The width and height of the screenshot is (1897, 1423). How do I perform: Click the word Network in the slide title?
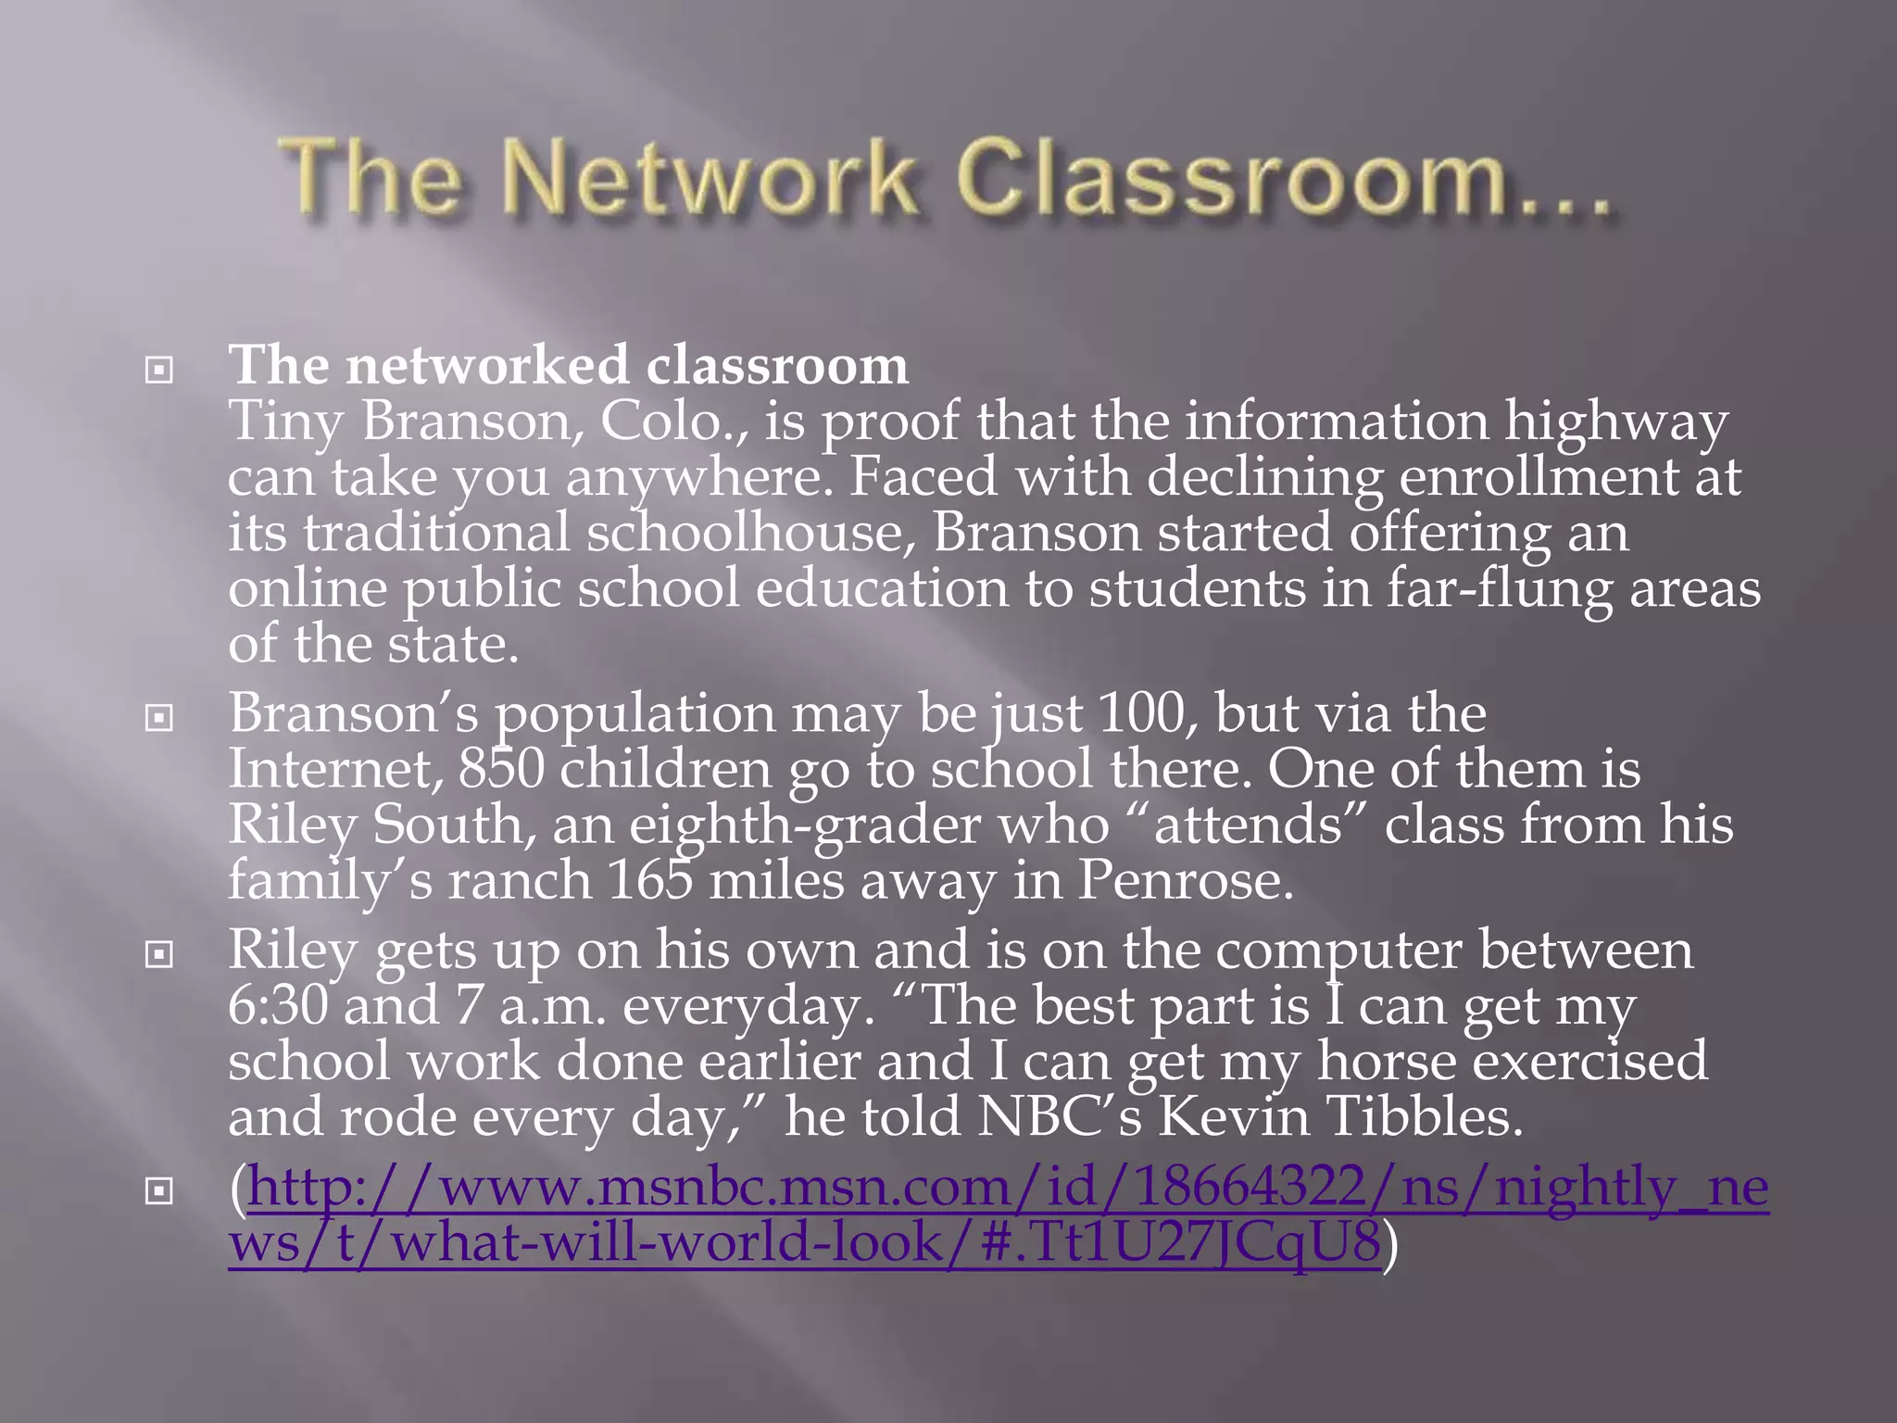coord(713,179)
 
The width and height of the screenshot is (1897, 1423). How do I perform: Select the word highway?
coord(1615,423)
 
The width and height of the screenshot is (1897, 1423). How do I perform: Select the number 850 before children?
coord(500,769)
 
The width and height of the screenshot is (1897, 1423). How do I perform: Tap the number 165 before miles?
coord(650,880)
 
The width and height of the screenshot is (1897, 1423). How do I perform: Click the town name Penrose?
coord(1185,880)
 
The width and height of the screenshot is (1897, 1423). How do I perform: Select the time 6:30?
coord(278,1005)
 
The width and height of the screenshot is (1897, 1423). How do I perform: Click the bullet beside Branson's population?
coord(159,717)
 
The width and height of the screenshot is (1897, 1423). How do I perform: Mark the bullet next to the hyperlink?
coord(159,1190)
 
